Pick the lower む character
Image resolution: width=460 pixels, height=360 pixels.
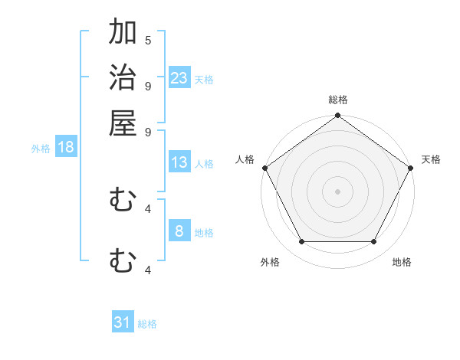[123, 261]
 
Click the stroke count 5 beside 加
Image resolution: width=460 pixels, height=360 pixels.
[148, 40]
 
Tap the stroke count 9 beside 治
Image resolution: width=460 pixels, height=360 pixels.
[148, 86]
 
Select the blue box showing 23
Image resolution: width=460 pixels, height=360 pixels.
[179, 77]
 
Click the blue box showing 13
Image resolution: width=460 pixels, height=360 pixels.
[179, 162]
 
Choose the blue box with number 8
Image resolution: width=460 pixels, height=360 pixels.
[179, 231]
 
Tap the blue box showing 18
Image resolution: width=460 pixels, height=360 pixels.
[66, 147]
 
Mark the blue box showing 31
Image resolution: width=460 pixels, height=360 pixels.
[123, 322]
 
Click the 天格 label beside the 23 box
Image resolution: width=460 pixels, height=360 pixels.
[204, 80]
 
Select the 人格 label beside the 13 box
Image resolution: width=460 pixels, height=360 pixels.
[204, 164]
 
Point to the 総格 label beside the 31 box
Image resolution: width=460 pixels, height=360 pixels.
[147, 325]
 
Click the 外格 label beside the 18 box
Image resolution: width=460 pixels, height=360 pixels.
[41, 149]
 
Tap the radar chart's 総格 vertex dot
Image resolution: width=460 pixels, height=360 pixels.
[337, 116]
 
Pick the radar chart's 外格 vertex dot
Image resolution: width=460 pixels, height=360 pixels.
[301, 242]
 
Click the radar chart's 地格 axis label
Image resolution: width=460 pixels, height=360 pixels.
[402, 263]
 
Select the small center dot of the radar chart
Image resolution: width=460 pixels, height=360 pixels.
[337, 191]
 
